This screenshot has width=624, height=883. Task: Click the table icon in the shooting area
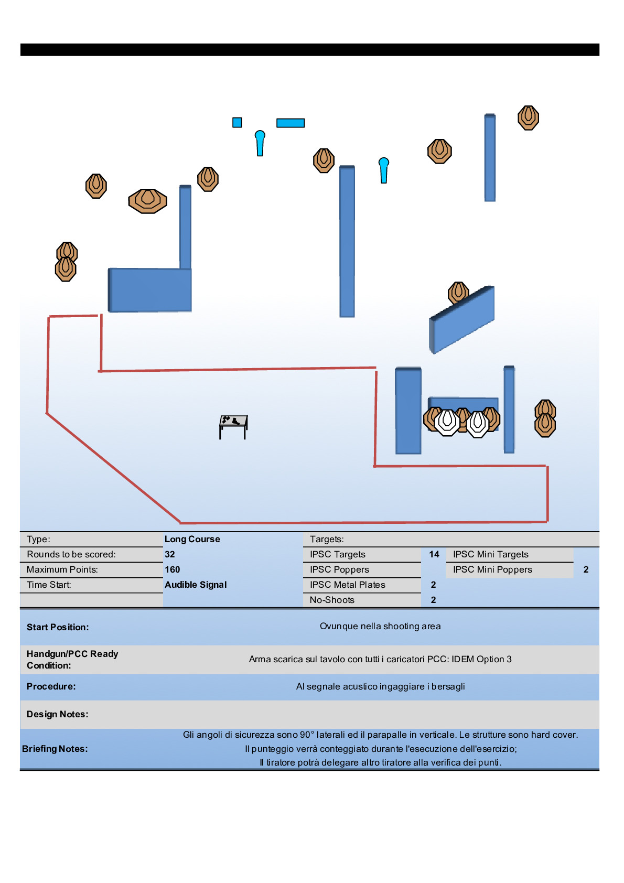point(233,426)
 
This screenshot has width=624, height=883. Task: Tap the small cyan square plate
point(237,122)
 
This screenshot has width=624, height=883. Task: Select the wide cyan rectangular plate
point(291,123)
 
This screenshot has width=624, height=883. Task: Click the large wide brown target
point(148,201)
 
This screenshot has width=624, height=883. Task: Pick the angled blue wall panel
point(462,319)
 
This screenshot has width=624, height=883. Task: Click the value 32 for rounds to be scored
point(170,554)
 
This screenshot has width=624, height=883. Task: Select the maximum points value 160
point(172,569)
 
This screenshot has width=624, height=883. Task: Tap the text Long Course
point(192,539)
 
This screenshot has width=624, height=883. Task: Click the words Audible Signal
point(196,585)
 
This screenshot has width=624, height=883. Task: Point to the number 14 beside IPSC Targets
point(434,554)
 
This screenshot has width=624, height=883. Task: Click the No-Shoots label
point(332,600)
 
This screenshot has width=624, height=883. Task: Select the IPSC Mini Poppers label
point(492,569)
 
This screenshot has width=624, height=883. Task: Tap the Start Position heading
point(58,627)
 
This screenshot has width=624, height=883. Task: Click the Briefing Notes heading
point(55,749)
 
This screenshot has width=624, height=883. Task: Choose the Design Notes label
point(58,714)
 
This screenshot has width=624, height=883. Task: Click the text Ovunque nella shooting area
point(380,626)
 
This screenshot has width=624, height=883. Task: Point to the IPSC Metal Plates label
point(347,585)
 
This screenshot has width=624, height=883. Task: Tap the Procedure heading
point(51,686)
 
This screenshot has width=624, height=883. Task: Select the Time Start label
point(49,585)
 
